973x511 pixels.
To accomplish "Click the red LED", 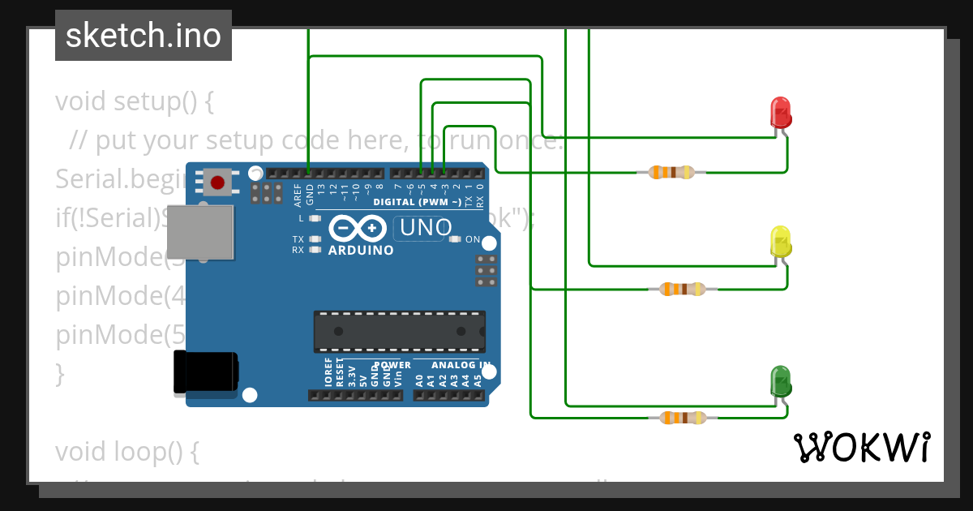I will [x=780, y=112].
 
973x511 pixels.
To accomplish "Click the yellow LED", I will [x=780, y=243].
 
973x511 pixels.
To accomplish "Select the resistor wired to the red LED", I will [x=671, y=172].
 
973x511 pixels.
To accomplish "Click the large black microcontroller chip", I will [x=400, y=331].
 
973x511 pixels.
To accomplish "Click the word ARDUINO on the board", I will [x=361, y=251].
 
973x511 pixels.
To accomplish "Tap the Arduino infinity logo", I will [x=357, y=229].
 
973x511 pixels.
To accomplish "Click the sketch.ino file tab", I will [x=144, y=36].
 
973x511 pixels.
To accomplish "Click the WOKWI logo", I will [x=861, y=447].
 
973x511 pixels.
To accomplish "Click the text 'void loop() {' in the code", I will [x=126, y=452].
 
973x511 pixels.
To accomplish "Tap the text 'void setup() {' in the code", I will [x=134, y=102].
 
